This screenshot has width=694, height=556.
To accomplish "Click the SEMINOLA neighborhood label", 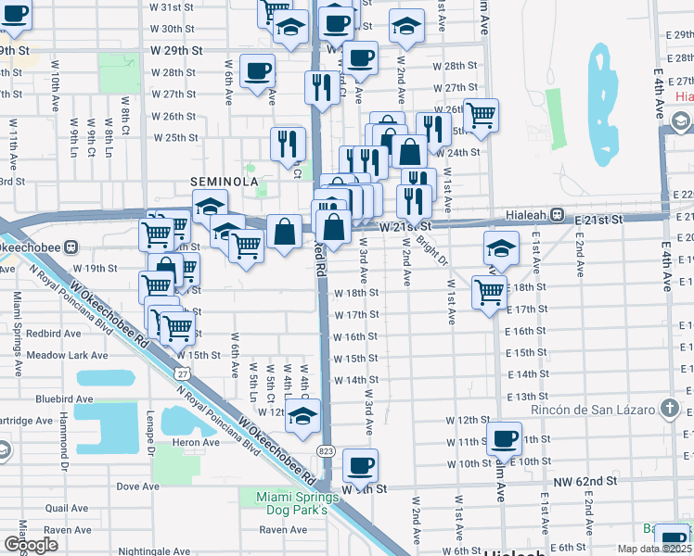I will (x=224, y=182).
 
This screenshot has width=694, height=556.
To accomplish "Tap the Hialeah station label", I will (x=524, y=213).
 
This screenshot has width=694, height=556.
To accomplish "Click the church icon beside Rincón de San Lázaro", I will (x=668, y=409).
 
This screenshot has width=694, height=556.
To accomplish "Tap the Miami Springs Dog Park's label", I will (x=291, y=504).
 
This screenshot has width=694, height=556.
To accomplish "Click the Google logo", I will (x=31, y=545).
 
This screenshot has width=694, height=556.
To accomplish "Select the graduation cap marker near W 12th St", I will (x=302, y=417).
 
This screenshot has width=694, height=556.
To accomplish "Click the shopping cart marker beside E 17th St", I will (x=489, y=292).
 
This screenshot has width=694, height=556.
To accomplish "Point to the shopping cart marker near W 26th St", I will (x=481, y=115).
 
